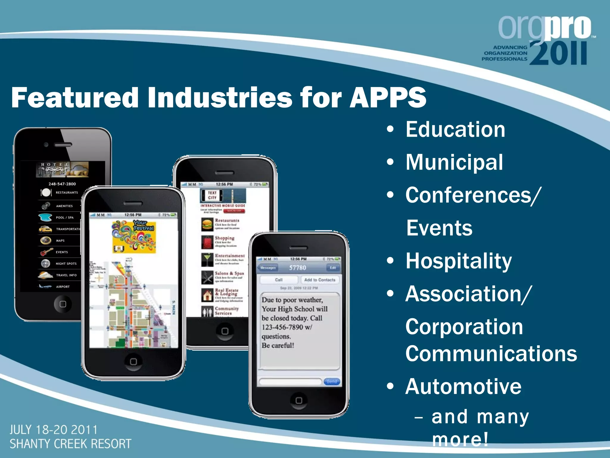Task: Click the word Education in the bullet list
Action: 455,130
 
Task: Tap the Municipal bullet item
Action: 454,163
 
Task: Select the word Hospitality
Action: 459,261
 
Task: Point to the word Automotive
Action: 463,387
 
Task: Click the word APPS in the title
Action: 388,98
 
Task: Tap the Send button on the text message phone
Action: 332,382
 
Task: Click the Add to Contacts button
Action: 320,280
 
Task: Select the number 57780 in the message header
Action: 298,268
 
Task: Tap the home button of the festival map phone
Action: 133,361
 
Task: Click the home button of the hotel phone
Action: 63,304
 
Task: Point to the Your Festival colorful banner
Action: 134,237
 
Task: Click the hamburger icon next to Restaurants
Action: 207,225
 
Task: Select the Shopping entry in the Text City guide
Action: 225,238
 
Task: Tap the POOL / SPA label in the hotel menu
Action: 65,218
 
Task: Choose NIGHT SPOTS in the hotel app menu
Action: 66,264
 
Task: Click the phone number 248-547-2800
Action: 62,184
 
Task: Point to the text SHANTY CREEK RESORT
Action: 70,444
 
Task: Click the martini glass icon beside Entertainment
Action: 207,260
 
